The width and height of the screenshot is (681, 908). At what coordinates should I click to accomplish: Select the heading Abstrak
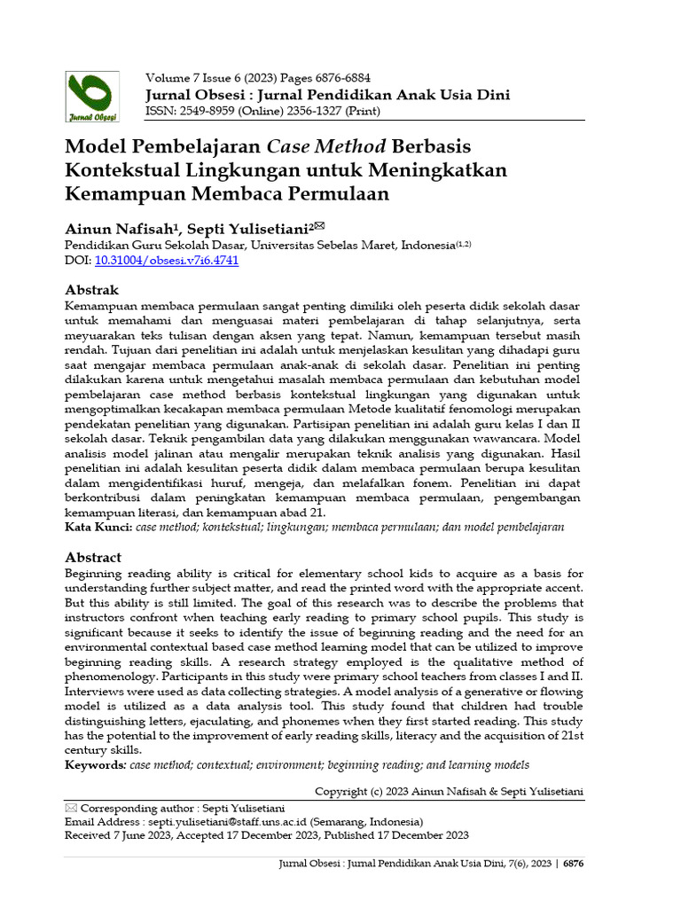[92, 290]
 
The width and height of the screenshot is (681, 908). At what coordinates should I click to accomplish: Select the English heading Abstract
[93, 557]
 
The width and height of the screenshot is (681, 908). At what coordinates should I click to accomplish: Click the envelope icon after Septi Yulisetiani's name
[306, 226]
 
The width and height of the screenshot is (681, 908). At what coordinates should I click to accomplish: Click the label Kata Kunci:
[98, 527]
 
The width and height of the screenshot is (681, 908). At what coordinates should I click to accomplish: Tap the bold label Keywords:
[96, 764]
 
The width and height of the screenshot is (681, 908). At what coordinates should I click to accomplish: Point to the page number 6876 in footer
[574, 864]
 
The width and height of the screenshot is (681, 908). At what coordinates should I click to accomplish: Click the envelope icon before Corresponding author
[71, 808]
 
